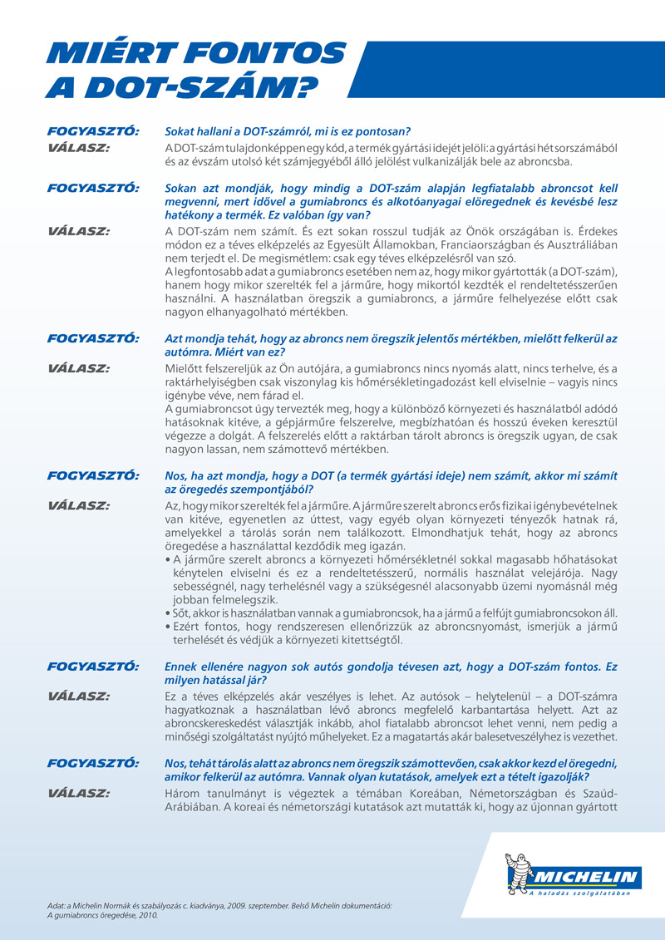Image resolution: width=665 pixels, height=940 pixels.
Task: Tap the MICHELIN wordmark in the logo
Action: pos(585,878)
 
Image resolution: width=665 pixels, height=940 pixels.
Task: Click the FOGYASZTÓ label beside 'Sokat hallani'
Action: pos(93,132)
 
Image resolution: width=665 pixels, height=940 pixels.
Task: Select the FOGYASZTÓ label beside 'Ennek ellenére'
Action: pos(93,667)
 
